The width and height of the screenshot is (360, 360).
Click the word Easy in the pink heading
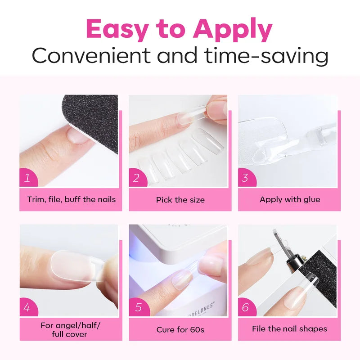[117, 30]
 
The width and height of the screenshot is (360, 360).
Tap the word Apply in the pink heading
[233, 30]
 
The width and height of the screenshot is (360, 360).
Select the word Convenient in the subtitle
[91, 55]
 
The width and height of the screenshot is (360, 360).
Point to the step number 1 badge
[28, 177]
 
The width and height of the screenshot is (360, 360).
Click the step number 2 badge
[137, 177]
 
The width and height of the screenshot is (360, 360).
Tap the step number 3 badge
[246, 177]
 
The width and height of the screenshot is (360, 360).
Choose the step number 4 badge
[28, 307]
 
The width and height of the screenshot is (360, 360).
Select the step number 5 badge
[139, 307]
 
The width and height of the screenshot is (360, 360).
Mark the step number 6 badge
[247, 307]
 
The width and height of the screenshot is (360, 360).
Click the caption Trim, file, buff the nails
[72, 199]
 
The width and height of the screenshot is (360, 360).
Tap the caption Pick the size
[180, 200]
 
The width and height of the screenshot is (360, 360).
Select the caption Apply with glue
[290, 199]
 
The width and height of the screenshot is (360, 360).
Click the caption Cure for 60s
[180, 330]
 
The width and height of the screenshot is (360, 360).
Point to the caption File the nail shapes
[289, 329]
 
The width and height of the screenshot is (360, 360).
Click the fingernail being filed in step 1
[77, 136]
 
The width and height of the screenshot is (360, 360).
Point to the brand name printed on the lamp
[200, 310]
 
